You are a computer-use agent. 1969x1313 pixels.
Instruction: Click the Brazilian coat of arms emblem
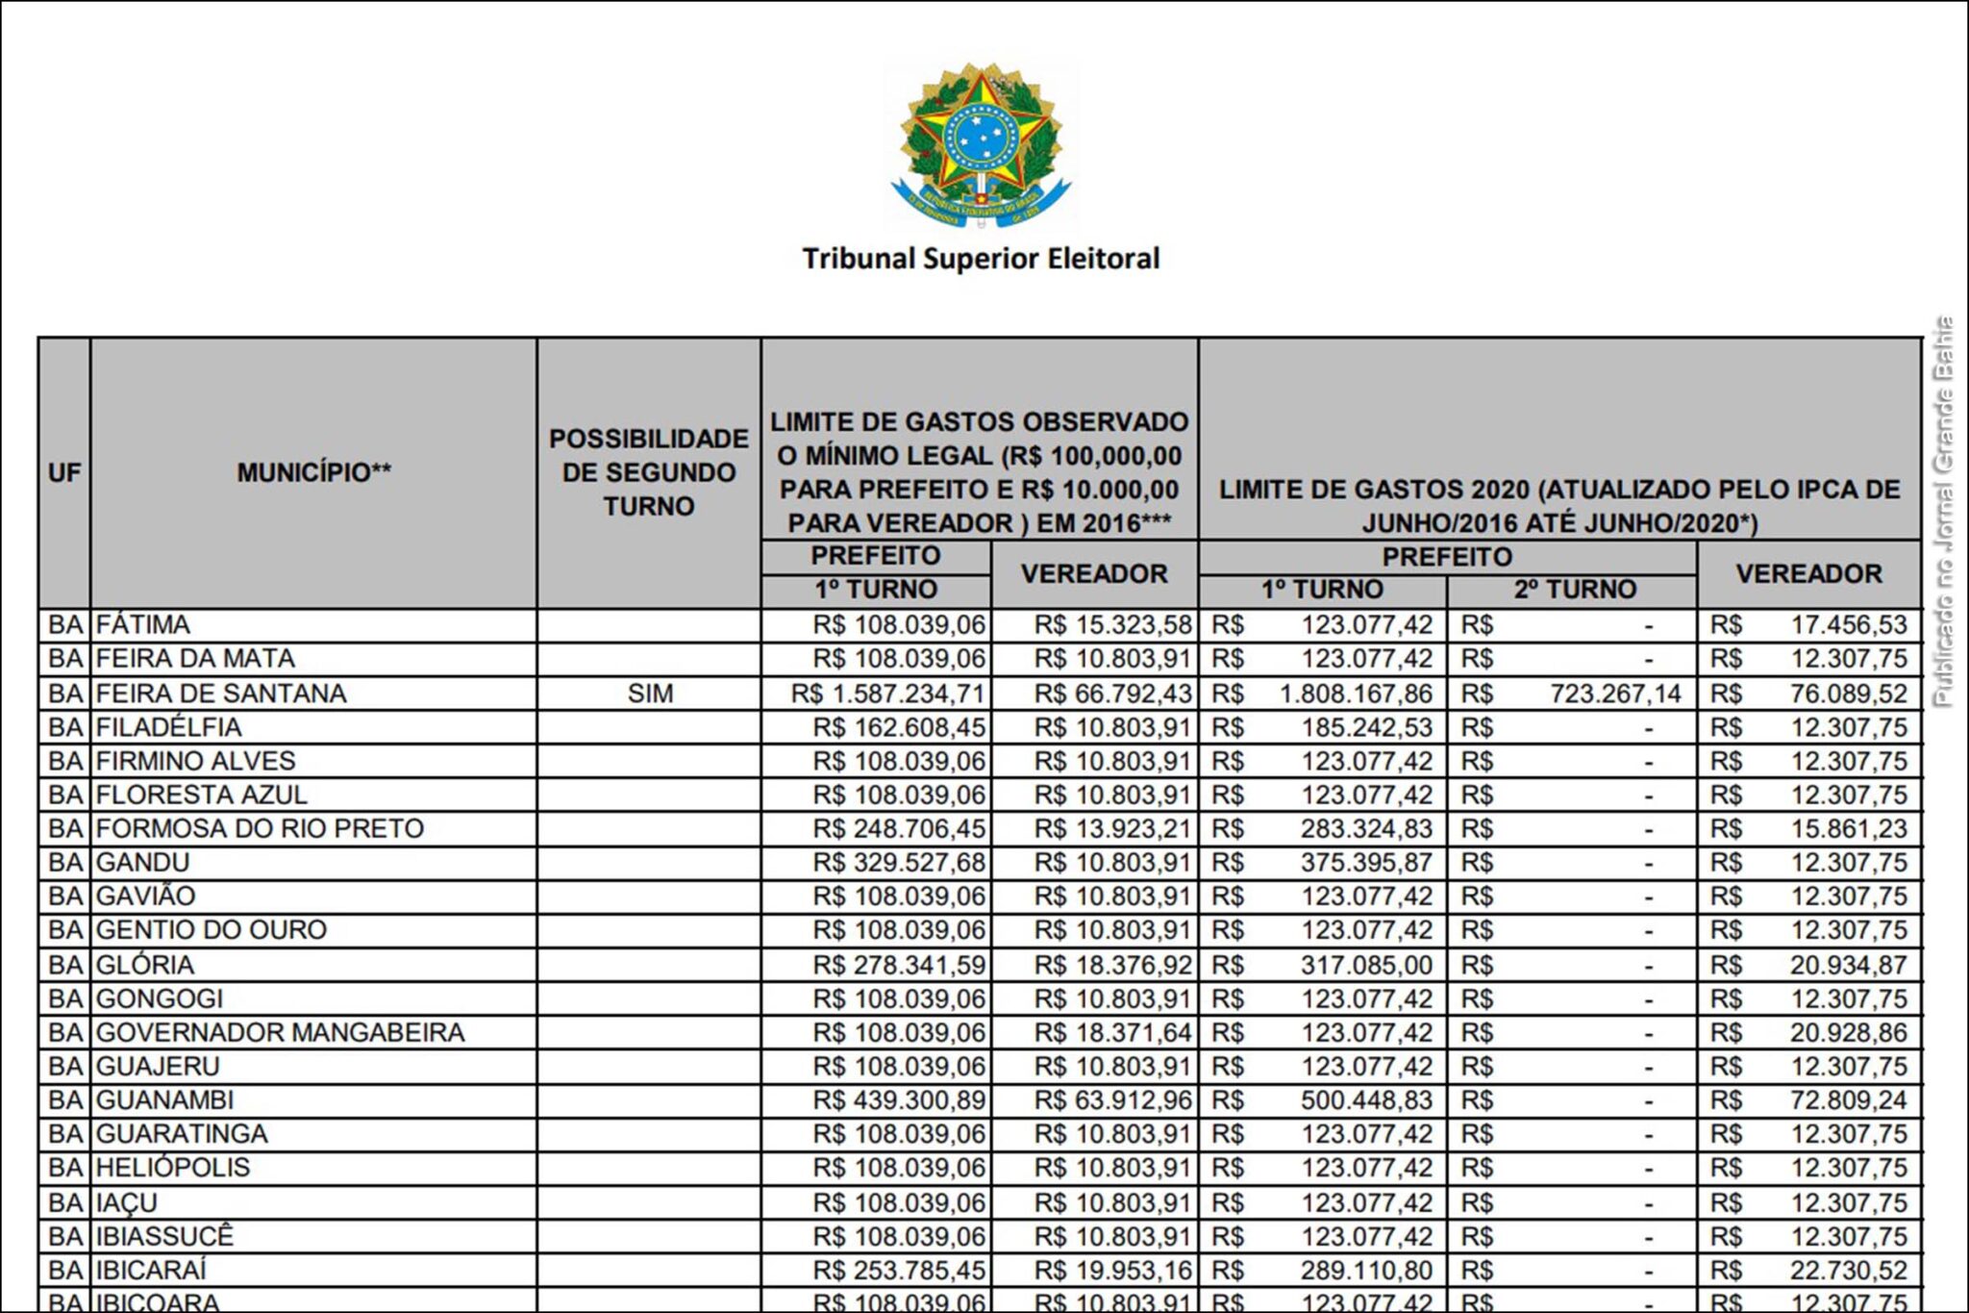(981, 145)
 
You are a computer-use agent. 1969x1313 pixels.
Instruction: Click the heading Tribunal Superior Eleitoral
(981, 259)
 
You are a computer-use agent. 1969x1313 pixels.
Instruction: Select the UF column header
(64, 472)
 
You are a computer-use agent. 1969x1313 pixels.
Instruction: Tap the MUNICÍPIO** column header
(313, 472)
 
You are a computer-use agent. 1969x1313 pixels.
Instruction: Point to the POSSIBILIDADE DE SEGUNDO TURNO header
(649, 472)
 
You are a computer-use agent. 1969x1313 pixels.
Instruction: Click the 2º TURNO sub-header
(1574, 590)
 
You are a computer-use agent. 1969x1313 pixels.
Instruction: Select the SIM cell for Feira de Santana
(650, 694)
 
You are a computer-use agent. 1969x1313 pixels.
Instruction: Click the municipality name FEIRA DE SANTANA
(221, 694)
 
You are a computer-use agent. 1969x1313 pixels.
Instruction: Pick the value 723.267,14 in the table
(1615, 694)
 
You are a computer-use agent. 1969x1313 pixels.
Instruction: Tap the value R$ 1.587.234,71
(888, 694)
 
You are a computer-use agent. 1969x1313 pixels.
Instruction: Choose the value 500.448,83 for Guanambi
(1366, 1100)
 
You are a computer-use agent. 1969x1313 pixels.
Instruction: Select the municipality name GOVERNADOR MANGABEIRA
(280, 1032)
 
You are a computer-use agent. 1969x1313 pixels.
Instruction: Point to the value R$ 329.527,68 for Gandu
(899, 863)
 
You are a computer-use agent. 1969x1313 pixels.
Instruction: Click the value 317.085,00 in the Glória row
(1366, 965)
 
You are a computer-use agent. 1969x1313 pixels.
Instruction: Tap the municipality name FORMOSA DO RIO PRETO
(260, 828)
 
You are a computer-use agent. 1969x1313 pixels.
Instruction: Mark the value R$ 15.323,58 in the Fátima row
(1112, 625)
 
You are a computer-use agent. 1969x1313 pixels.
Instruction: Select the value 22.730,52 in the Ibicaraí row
(1848, 1270)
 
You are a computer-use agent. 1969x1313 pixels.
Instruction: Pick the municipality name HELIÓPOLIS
(173, 1168)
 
